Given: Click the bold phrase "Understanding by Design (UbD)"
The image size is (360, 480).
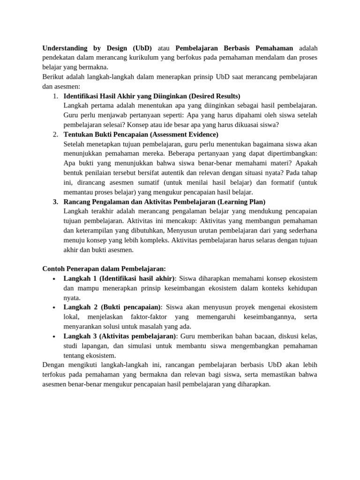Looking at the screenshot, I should coord(94,48).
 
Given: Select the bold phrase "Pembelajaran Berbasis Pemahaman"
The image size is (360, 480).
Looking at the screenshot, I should coord(234,48).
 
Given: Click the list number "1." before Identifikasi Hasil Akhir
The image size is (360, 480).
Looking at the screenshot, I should coord(55,96).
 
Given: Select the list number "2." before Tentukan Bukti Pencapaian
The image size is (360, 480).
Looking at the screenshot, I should coord(55,135).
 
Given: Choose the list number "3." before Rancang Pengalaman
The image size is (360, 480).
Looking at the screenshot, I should coord(55,202).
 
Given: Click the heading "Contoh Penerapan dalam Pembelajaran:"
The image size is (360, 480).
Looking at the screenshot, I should coord(104,269).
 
